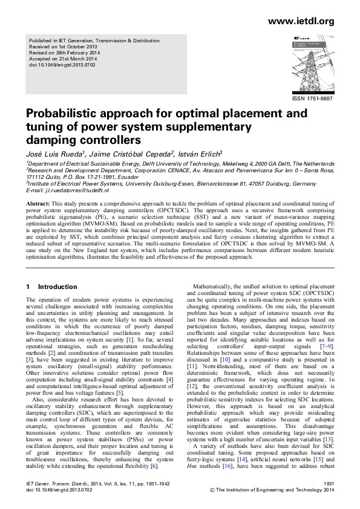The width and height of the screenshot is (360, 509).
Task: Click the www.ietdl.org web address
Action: [x=301, y=22]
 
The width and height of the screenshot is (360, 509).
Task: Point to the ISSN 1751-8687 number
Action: [x=312, y=99]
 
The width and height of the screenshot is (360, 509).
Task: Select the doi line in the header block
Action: [x=64, y=63]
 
